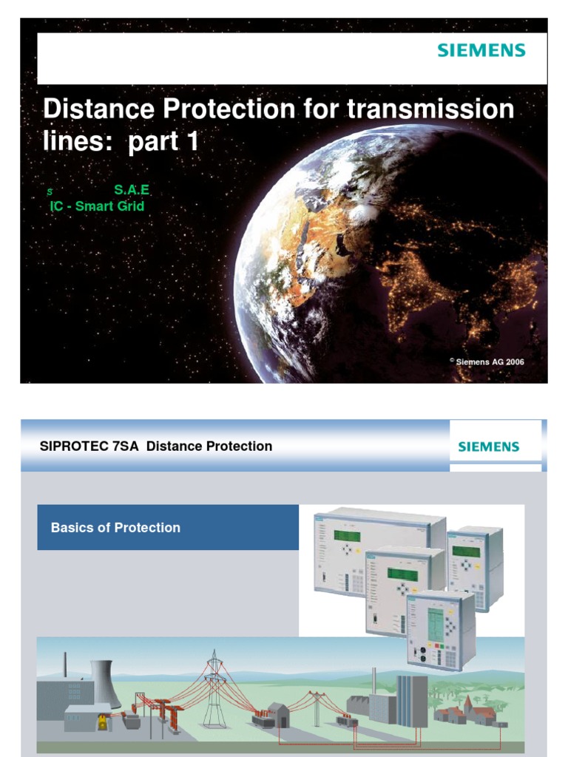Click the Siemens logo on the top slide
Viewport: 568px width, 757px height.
click(x=481, y=51)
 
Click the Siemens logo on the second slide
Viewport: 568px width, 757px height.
click(x=488, y=447)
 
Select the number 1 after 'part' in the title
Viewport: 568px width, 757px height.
click(x=192, y=142)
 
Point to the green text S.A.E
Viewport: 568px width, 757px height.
click(x=132, y=190)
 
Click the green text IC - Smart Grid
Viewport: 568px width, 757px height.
click(x=97, y=206)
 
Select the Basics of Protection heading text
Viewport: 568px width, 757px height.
click(x=115, y=528)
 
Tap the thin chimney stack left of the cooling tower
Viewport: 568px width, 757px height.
click(x=65, y=665)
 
